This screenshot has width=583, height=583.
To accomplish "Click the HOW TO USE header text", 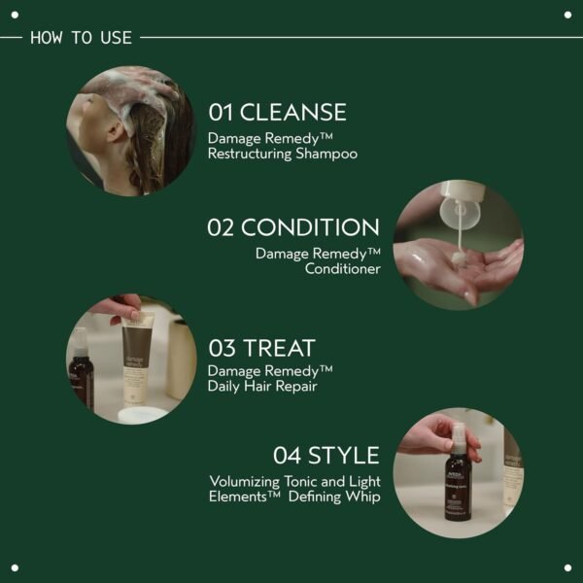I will point(82,38).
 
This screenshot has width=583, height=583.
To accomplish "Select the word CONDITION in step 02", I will point(310,228).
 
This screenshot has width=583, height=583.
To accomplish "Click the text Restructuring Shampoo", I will point(283,154).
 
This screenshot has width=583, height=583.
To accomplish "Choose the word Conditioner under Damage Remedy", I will point(342,269).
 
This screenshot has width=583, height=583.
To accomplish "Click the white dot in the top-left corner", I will point(15,15).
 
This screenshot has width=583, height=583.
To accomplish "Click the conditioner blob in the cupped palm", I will point(460,258).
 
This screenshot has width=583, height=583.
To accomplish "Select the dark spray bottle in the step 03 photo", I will point(81,374).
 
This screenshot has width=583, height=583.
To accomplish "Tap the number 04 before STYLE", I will point(288,455).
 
